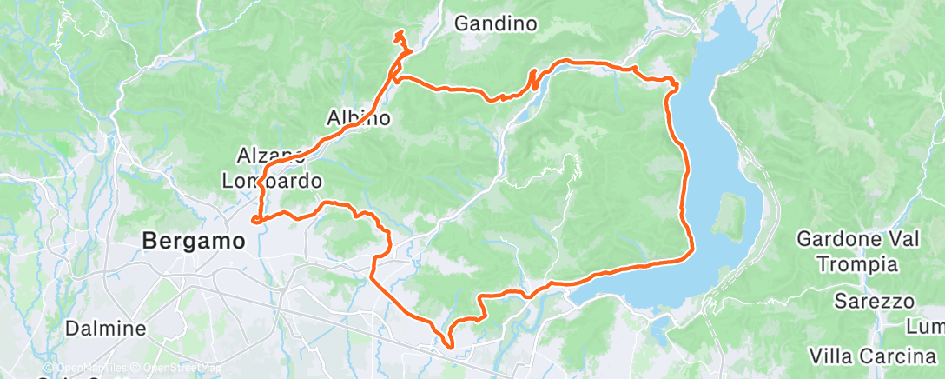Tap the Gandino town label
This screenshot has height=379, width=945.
click(495, 23)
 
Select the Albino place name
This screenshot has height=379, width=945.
click(358, 117)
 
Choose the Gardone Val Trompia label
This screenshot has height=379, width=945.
click(847, 250)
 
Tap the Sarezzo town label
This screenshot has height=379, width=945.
click(875, 301)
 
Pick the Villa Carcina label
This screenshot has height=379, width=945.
click(870, 356)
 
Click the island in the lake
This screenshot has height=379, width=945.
click(729, 214)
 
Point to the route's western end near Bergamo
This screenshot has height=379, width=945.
click(254, 220)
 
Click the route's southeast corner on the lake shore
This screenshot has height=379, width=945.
click(691, 253)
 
